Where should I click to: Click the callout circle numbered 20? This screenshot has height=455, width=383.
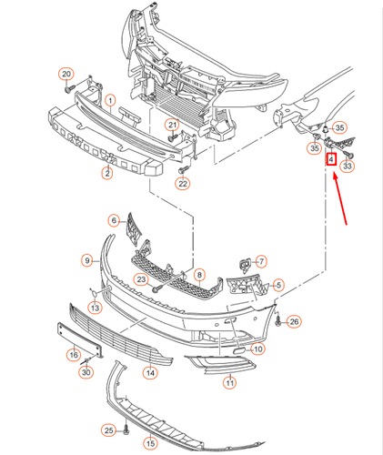(66, 73)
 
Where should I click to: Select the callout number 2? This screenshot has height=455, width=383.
(106, 172)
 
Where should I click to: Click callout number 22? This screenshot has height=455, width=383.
(183, 184)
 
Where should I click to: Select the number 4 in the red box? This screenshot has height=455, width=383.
(332, 160)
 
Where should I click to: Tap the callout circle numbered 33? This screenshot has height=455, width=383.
(348, 167)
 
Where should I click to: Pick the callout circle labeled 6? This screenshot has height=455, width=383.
(115, 219)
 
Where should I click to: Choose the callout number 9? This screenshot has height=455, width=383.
(89, 260)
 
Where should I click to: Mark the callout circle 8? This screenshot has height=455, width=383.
(199, 274)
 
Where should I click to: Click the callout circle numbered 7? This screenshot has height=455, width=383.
(260, 261)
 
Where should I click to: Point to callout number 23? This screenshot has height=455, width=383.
(141, 280)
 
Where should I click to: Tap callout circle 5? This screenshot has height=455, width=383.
(278, 285)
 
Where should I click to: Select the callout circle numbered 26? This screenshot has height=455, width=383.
(293, 322)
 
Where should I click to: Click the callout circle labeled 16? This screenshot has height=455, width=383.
(74, 354)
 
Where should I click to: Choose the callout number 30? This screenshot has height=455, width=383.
(86, 372)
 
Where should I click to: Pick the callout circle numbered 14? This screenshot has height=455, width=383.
(151, 371)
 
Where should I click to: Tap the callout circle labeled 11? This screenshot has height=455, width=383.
(229, 382)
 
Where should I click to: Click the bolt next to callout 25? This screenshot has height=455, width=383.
(126, 430)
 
